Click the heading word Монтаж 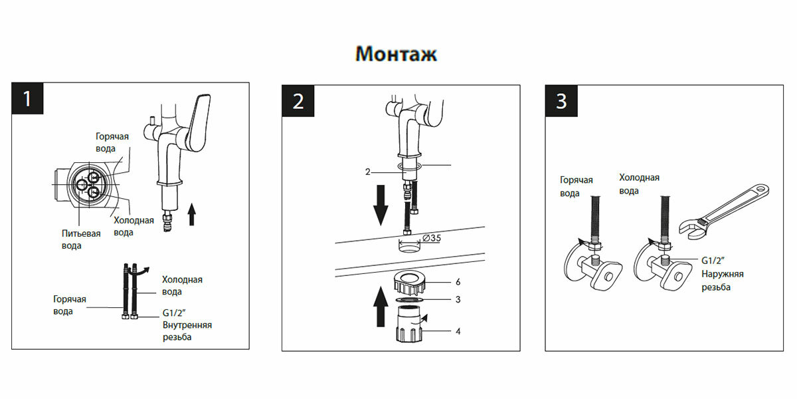(397, 54)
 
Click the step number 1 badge (27, 100)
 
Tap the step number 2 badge (298, 101)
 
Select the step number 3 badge (561, 101)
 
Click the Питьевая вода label (81, 239)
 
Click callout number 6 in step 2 (458, 282)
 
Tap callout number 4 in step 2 (458, 331)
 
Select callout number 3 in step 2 (458, 300)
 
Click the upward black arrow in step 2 (381, 306)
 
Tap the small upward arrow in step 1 (192, 214)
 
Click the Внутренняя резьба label (187, 331)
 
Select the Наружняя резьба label (723, 280)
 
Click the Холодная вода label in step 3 (639, 184)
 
